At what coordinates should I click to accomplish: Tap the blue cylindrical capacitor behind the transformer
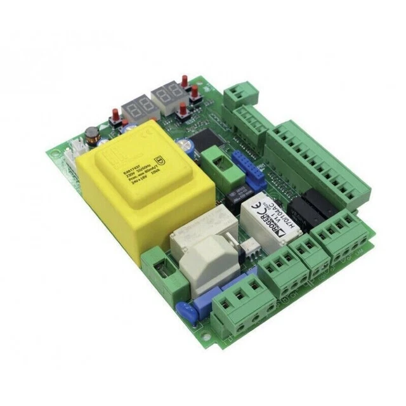pyautogui.click(x=187, y=145)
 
